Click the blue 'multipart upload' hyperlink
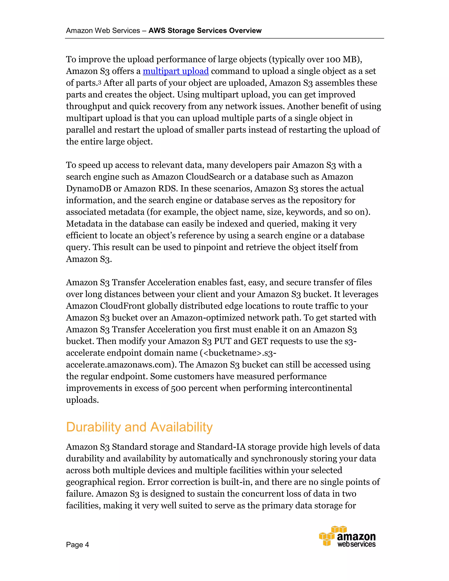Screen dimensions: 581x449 click(x=176, y=71)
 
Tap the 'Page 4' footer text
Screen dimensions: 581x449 click(x=77, y=545)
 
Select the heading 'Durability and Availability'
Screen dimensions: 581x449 click(x=139, y=427)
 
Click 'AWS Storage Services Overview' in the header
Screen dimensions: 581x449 click(x=205, y=31)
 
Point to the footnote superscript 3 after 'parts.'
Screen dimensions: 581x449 click(x=100, y=82)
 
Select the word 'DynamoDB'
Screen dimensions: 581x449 click(x=89, y=189)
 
